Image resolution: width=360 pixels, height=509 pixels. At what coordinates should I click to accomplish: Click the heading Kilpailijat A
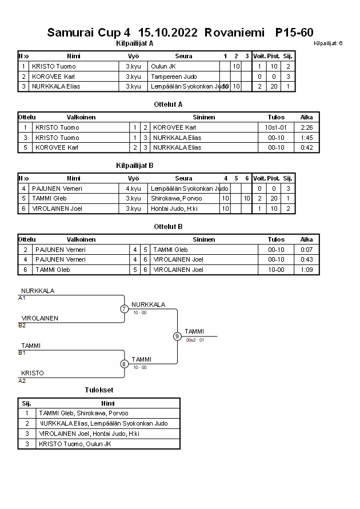tap(134, 43)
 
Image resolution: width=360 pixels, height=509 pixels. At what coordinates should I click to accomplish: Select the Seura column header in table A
tap(183, 56)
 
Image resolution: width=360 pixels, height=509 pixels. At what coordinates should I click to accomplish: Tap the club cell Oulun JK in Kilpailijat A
tap(163, 66)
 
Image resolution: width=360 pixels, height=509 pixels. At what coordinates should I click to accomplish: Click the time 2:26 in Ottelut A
tap(306, 127)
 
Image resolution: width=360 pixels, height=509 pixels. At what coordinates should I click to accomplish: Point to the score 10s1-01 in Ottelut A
tap(276, 127)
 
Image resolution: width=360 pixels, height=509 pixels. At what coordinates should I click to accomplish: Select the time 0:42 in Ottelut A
tap(306, 147)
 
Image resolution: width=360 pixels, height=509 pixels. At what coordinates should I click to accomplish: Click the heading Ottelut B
tap(168, 226)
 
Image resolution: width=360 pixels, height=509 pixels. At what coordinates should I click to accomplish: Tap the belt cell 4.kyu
tap(133, 189)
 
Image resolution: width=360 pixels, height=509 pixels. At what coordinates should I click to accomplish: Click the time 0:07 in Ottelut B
tap(306, 250)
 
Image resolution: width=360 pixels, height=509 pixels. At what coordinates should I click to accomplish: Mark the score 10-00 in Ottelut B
tap(276, 270)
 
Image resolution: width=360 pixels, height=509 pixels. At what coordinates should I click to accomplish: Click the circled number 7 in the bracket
tap(124, 309)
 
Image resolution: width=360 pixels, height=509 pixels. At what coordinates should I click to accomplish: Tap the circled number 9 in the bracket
tap(177, 336)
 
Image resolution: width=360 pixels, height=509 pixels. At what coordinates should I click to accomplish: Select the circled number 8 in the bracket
tap(124, 364)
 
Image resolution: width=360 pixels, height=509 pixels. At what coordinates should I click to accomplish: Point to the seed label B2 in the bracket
tap(22, 325)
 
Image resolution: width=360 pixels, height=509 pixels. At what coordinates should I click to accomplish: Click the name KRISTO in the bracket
tap(33, 373)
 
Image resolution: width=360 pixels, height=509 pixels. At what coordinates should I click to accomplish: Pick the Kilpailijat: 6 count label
tap(328, 43)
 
